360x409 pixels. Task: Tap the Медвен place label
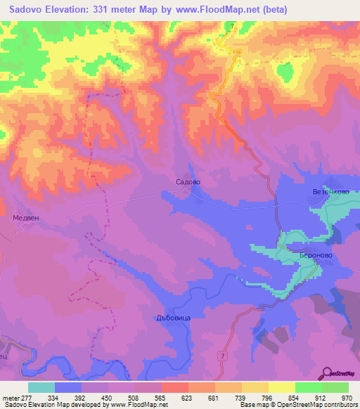[29, 218]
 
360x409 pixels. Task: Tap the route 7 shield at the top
[231, 27]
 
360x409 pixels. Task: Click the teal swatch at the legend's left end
[41, 387]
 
